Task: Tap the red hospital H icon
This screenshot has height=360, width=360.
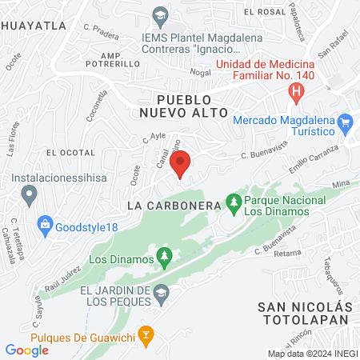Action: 297,93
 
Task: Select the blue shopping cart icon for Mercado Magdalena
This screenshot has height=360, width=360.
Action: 346,122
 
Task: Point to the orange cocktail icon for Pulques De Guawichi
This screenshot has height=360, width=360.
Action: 146,334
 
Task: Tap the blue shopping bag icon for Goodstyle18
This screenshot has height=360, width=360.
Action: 45,225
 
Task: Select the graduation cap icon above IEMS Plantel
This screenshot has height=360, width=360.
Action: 160,15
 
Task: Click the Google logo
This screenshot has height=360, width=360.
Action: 27,350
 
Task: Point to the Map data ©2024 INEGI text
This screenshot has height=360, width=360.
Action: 312,354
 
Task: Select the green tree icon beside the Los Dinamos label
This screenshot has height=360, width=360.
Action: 165,257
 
